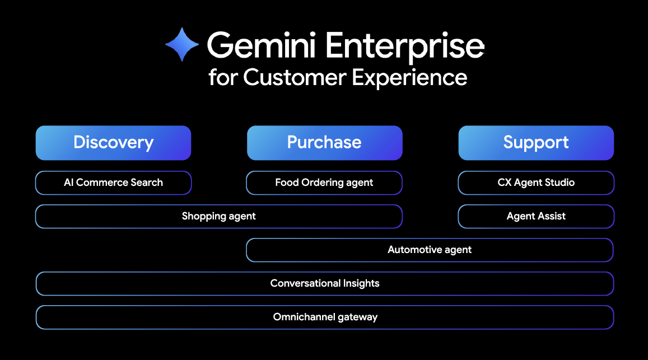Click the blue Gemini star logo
182,44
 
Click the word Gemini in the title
262,45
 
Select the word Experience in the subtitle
409,78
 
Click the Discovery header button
113,143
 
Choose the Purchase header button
324,143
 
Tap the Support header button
536,143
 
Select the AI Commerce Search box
113,183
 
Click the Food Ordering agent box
324,183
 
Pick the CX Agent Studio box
536,183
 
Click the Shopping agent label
218,216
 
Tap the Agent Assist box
536,216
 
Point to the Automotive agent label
430,250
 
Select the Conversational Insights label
325,283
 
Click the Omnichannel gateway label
325,317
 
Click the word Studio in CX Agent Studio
560,183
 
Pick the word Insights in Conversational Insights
361,283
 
